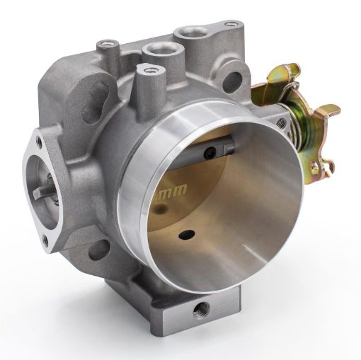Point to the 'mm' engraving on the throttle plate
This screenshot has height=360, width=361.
(x=169, y=192)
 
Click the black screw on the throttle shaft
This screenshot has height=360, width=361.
(x=210, y=154)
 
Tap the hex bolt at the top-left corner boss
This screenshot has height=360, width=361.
(x=106, y=45)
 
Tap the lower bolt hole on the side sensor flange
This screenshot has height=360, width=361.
(x=47, y=240)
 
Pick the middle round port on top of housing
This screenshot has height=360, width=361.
(x=156, y=49)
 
